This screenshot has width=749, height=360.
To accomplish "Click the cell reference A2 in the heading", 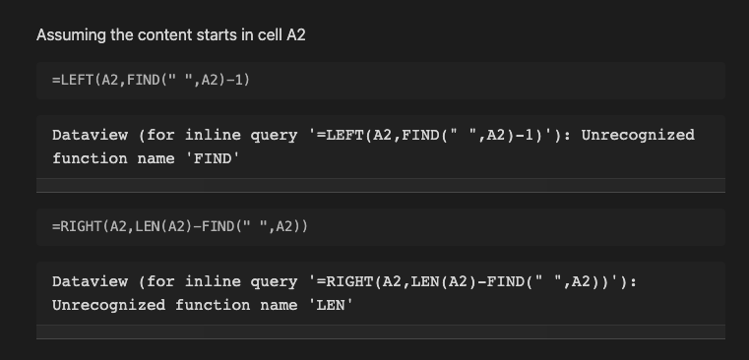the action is coord(296,35).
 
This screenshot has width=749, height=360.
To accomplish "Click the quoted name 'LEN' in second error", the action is coord(330,305).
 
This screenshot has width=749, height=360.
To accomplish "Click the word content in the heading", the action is coord(157,35).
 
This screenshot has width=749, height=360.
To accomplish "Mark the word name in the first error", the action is coord(155,158).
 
